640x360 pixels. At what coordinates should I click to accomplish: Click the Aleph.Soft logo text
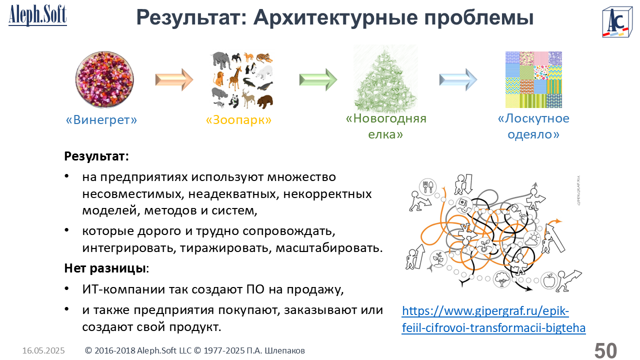click(37, 15)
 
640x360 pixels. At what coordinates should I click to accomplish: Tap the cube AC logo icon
click(617, 21)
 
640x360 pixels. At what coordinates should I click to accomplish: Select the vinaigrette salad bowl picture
click(104, 79)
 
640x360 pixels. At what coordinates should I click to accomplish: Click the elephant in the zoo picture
click(221, 60)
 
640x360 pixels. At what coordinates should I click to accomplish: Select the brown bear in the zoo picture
click(265, 101)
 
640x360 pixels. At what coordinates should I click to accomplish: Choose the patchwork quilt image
click(533, 79)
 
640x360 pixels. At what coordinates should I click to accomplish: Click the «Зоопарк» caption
click(238, 119)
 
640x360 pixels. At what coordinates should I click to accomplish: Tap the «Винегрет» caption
click(101, 119)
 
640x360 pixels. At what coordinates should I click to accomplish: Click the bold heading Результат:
click(96, 156)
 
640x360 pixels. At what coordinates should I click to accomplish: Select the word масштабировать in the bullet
click(329, 247)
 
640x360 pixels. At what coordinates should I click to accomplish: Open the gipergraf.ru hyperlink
click(493, 319)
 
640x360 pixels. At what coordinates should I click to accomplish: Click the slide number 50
click(605, 350)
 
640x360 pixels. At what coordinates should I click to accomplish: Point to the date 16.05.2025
click(43, 350)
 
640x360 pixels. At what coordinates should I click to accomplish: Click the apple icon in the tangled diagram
click(549, 280)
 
